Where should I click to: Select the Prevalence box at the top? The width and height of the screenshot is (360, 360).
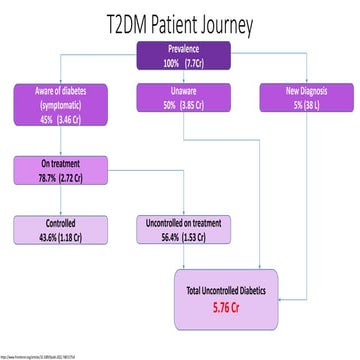click(x=180, y=56)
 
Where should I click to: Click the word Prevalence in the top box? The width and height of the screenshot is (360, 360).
click(x=180, y=49)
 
